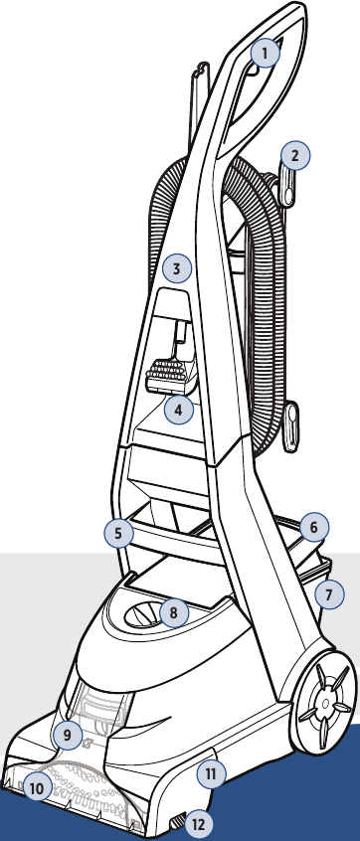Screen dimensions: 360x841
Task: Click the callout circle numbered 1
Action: click(266, 53)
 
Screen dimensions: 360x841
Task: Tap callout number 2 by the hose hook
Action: click(294, 155)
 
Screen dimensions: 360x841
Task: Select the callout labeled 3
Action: click(176, 268)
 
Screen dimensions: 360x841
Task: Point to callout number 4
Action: click(179, 410)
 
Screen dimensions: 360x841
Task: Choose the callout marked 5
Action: click(119, 533)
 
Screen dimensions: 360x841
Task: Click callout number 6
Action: click(314, 528)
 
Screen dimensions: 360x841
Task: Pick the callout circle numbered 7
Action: click(329, 593)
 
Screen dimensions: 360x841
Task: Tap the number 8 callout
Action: click(173, 612)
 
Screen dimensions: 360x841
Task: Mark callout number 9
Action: click(67, 736)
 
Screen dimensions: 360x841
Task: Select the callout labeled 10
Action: click(37, 788)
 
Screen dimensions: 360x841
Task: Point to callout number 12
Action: click(199, 824)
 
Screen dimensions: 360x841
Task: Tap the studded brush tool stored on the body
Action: click(166, 374)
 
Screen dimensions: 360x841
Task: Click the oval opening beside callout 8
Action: click(142, 614)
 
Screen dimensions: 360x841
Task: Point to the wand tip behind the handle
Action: click(200, 71)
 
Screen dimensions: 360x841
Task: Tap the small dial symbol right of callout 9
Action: click(87, 744)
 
